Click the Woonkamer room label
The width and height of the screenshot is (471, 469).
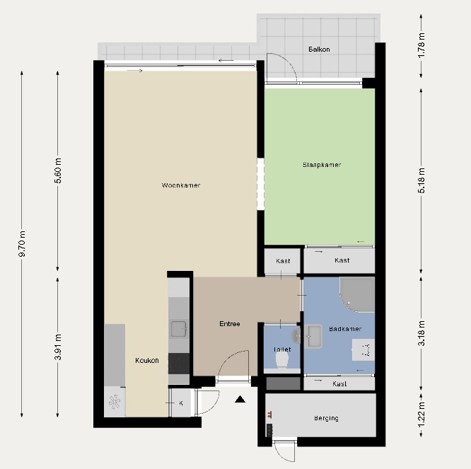181,185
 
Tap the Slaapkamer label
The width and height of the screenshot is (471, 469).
322,165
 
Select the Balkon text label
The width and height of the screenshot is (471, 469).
319,50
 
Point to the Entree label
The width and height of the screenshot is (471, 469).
230,324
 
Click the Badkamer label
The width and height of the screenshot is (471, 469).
345,329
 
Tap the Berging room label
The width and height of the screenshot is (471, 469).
326,418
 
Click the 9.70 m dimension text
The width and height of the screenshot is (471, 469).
22,243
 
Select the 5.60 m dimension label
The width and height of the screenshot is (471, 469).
58,170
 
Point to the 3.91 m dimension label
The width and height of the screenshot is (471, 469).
58,347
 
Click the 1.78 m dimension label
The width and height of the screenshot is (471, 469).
421,45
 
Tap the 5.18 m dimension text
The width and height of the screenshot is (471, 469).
421,180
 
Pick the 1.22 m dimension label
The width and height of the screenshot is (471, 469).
421,414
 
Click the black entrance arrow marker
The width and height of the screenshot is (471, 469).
240,399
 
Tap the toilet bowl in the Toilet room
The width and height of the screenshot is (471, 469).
281,359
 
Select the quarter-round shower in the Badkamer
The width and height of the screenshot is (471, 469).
357,295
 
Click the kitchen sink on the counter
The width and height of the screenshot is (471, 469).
179,329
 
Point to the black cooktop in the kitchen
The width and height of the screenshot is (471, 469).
179,364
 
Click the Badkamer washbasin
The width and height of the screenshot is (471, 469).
313,336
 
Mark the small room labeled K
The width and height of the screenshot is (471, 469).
180,403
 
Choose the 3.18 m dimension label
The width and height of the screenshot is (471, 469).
421,333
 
